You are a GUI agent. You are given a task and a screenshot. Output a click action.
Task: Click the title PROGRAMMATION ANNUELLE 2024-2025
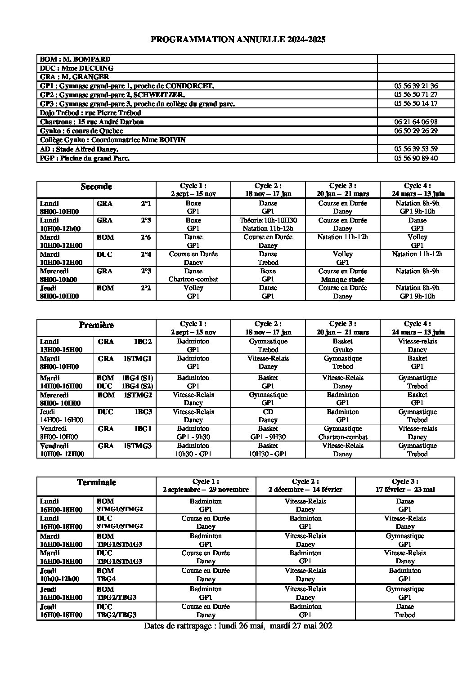(x=238, y=40)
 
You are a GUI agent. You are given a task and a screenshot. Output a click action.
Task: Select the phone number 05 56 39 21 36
(x=416, y=86)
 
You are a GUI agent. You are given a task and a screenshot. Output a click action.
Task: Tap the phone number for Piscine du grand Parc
(x=416, y=158)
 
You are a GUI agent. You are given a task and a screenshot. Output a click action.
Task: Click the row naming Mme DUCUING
(x=76, y=68)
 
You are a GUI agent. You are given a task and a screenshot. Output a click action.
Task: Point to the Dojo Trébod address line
(x=90, y=113)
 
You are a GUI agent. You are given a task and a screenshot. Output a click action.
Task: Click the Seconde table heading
(x=96, y=187)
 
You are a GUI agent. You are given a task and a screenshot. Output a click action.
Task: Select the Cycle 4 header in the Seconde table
(x=417, y=189)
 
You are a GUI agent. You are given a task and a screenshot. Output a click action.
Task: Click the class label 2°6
(x=145, y=237)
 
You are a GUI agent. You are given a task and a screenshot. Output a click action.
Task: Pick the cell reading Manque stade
(x=342, y=279)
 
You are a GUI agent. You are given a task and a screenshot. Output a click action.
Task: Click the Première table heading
(x=96, y=325)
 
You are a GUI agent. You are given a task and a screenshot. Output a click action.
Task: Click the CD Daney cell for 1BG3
(x=268, y=416)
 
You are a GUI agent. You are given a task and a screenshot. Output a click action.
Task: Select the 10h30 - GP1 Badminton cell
(x=193, y=450)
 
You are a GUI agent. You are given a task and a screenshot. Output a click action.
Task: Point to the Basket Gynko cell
(x=342, y=345)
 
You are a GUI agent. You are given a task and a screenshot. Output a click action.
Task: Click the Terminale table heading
(x=96, y=482)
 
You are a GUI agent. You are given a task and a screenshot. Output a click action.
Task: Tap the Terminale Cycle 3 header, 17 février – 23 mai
(x=405, y=486)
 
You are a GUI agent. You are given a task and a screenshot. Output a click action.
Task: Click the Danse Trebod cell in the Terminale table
(x=405, y=611)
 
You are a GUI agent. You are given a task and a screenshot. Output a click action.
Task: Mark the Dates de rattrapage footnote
(x=238, y=625)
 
